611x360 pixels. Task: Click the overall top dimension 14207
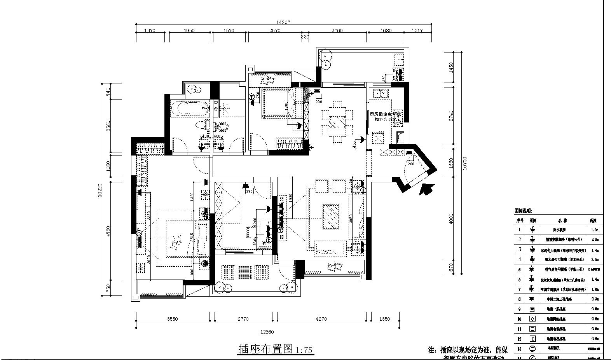[283, 23]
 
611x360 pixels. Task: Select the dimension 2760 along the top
[337, 31]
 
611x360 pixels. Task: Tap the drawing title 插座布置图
[265, 349]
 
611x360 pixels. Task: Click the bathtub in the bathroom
[189, 108]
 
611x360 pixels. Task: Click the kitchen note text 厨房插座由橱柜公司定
[382, 117]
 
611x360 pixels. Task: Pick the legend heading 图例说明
[524, 210]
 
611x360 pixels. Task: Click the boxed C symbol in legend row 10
[532, 319]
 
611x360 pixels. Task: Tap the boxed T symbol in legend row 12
[532, 339]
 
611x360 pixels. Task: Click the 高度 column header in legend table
[593, 220]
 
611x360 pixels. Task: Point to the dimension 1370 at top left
[150, 31]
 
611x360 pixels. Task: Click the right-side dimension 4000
[451, 218]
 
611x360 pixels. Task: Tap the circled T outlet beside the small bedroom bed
[251, 96]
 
